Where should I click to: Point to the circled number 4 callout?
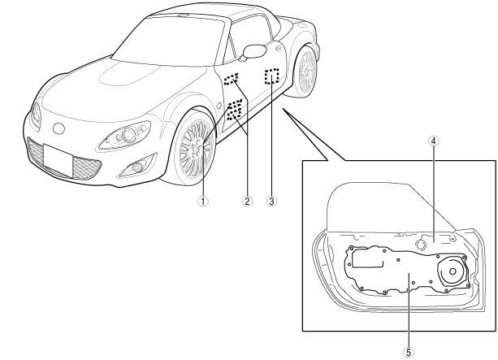[435, 140]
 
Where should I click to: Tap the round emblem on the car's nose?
[57, 128]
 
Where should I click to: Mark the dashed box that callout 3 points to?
[271, 76]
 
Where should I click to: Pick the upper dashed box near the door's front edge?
[232, 80]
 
